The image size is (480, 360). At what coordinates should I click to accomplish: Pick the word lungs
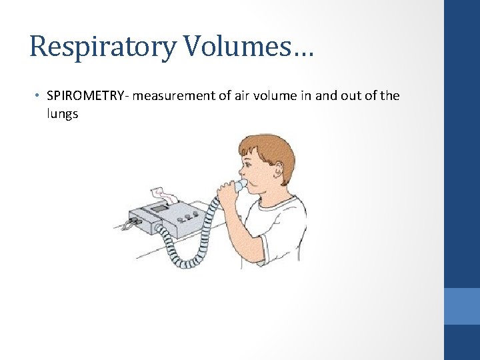(x=63, y=114)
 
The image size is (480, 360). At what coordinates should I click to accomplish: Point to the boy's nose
(x=239, y=172)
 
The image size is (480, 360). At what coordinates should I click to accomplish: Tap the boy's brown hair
(x=273, y=148)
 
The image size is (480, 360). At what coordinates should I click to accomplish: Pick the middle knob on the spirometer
(x=187, y=217)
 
